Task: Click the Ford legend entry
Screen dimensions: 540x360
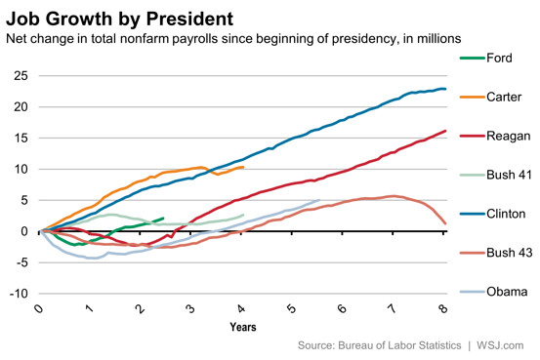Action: tap(486, 58)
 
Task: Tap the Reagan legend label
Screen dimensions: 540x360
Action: tap(509, 136)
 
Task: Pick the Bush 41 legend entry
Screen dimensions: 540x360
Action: tap(496, 175)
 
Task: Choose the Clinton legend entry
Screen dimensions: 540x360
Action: tap(492, 214)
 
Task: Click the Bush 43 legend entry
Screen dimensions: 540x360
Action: tap(496, 253)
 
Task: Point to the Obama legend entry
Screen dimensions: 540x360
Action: tap(493, 292)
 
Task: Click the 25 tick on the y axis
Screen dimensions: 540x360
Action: tap(21, 76)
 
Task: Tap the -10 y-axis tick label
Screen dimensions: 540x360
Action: tap(19, 294)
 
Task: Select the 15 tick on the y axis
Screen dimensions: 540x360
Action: tap(21, 138)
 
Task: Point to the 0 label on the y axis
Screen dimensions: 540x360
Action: tap(24, 231)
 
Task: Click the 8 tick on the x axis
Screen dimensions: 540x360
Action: tap(443, 308)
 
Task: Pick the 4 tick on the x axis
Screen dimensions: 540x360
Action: tap(241, 308)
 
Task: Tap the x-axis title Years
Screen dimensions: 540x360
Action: tap(243, 327)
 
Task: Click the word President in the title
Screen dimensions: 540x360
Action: tap(189, 19)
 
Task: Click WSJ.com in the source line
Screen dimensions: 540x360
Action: tap(500, 345)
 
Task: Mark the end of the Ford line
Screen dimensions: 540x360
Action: tap(163, 218)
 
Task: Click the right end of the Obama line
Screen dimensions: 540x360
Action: tap(319, 200)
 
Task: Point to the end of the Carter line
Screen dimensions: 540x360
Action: tap(243, 167)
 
